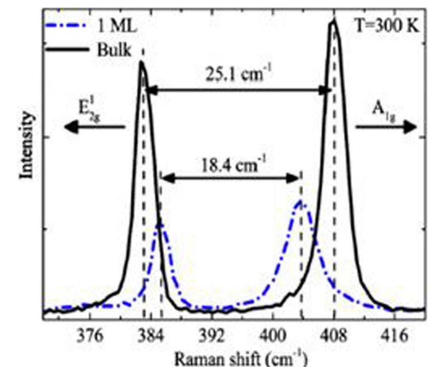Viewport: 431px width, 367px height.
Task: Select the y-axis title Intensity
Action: pyautogui.click(x=27, y=145)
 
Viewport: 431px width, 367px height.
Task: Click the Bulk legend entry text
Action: pyautogui.click(x=112, y=50)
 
